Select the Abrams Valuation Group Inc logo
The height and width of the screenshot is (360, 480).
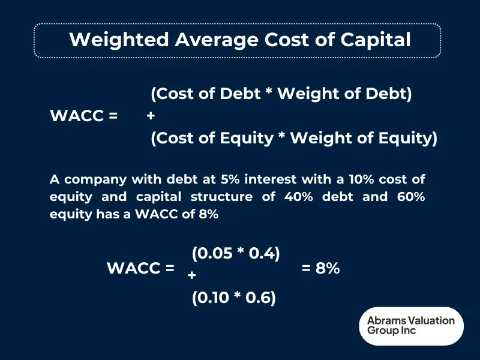coord(411,326)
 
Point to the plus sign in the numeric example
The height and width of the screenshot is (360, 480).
coord(191,275)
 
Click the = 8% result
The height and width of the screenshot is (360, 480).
coord(320,269)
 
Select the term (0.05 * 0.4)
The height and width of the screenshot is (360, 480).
coord(236,253)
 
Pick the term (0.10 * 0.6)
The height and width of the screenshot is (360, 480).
coord(234,298)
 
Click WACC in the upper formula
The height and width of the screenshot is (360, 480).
coord(77,116)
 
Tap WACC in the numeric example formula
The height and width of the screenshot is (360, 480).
coord(134,269)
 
